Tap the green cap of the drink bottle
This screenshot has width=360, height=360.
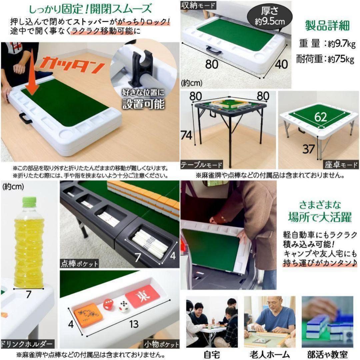click(29, 201)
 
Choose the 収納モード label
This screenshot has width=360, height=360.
click(198, 5)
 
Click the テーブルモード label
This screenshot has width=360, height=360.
click(202, 165)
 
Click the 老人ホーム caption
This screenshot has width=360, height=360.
click(270, 354)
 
